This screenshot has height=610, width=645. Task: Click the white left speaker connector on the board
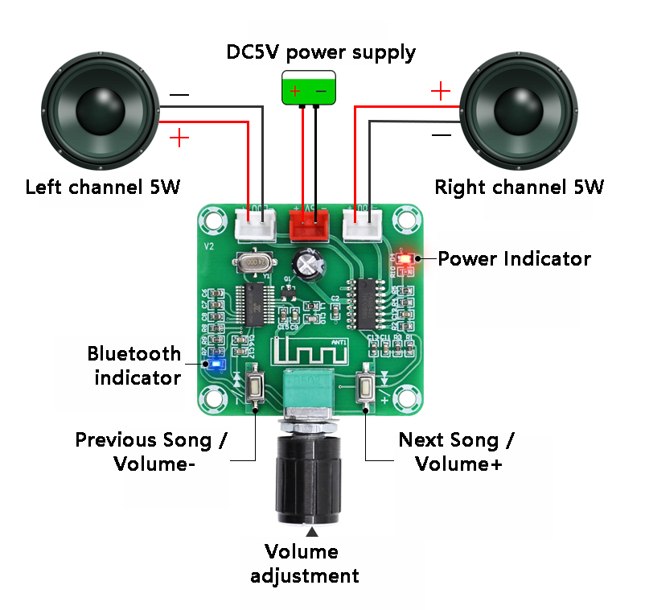(256, 226)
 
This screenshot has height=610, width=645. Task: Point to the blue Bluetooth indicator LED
(214, 364)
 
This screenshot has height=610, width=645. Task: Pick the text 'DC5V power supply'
(321, 53)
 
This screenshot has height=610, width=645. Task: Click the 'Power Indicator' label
(514, 259)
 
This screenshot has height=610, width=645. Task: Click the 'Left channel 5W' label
(103, 188)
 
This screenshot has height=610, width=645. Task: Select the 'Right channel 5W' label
(519, 188)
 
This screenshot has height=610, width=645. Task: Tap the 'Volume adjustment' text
(304, 563)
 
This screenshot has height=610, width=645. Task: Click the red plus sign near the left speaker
(179, 138)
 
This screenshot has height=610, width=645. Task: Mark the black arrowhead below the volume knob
(312, 532)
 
